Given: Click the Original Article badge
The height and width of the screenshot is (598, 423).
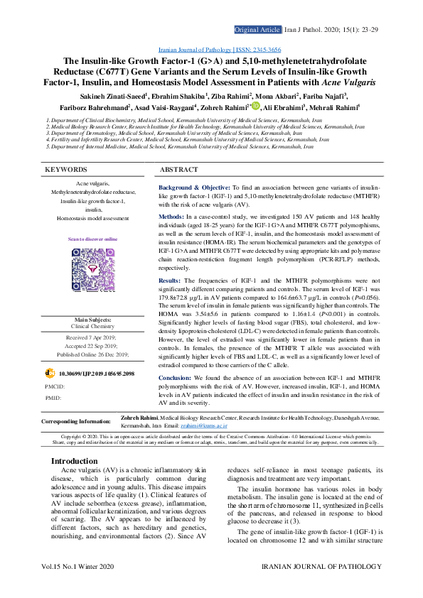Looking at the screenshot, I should tap(257, 31).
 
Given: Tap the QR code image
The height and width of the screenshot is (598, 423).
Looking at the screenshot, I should tap(92, 268).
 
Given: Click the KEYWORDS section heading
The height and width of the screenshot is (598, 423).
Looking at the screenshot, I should tap(66, 170).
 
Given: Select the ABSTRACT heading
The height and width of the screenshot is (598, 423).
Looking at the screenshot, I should tap(179, 170).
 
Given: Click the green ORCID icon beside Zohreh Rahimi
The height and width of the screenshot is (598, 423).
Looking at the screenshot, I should tap(256, 107).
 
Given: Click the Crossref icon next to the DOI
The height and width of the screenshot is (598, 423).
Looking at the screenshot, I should tap(49, 373).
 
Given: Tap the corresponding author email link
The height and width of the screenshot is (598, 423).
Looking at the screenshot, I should tap(216, 425).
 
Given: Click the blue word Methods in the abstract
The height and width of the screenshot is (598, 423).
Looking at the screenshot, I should tap(171, 216).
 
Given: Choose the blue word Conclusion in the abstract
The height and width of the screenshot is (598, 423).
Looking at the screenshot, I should tap(174, 376).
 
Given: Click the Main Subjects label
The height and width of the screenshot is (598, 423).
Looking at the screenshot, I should tap(93, 320).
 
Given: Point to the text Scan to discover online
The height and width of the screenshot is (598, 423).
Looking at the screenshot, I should tap(92, 239).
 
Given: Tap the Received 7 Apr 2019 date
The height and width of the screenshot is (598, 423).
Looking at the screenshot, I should tap(92, 337).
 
